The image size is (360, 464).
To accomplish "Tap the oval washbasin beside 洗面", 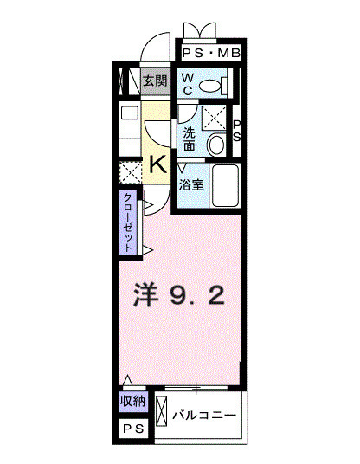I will pos(217,144).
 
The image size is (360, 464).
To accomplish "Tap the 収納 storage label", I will pos(132,403).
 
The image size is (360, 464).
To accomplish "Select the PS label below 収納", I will pos(132,430).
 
